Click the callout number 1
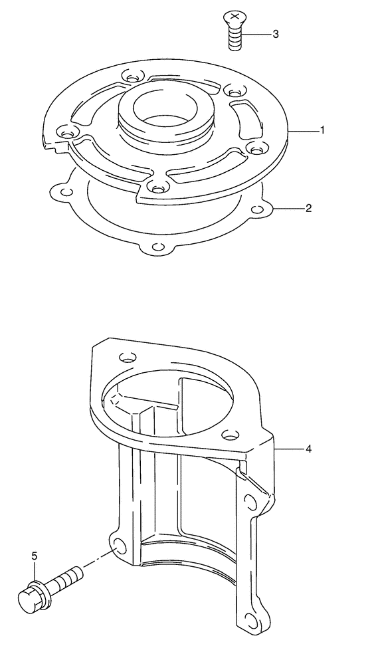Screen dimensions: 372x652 click(322, 130)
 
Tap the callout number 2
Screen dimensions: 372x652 click(308, 208)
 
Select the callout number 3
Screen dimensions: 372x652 click(275, 34)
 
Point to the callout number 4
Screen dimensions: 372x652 click(308, 449)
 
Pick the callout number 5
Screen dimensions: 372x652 click(35, 556)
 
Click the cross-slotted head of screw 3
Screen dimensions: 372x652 click(234, 18)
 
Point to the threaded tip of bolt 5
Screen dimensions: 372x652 click(77, 574)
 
